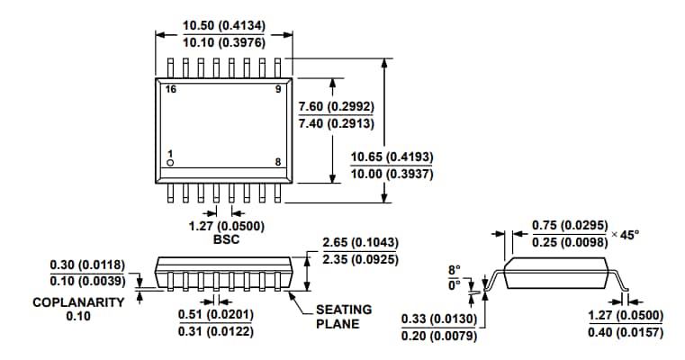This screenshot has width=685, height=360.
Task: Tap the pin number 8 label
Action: [277, 162]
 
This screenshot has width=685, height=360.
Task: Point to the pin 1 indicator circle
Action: [169, 163]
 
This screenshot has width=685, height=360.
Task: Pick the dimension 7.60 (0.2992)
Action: [336, 106]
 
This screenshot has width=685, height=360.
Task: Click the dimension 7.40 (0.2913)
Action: [336, 123]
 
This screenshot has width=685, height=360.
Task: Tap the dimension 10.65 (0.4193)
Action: [392, 157]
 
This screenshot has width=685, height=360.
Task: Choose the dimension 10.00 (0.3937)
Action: [392, 174]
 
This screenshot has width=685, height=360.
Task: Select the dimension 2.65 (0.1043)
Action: [360, 243]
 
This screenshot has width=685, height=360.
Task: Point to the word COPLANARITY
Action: [78, 302]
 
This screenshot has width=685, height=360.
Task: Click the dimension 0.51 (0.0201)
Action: [216, 314]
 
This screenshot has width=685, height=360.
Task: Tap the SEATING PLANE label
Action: [344, 316]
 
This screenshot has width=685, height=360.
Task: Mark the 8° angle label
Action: [454, 269]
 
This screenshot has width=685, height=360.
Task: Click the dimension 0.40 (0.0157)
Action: [625, 332]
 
